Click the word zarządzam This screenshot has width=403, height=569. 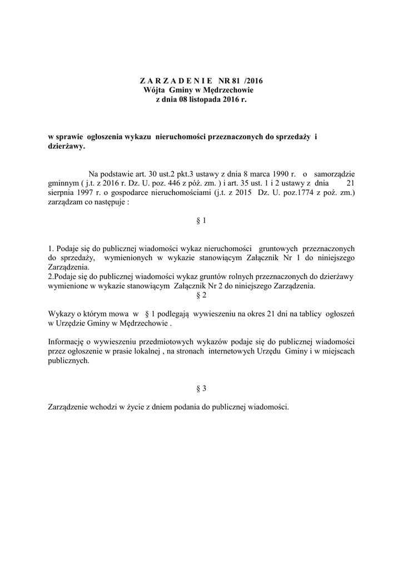(67, 203)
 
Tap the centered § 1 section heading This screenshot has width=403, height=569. (201, 221)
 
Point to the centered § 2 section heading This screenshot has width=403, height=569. (201, 296)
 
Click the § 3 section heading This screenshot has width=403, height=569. (201, 388)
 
